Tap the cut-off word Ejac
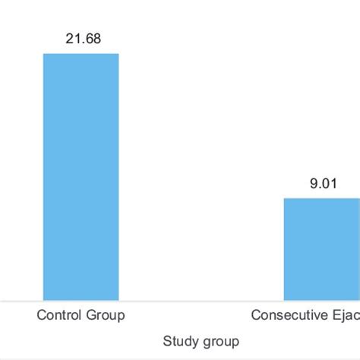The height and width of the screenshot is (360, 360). point(346,315)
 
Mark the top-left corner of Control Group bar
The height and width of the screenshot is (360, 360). point(43,53)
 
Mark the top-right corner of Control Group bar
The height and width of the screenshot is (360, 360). point(119,53)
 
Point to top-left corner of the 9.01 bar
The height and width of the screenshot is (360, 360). point(285,198)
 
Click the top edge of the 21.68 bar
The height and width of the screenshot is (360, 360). point(81,53)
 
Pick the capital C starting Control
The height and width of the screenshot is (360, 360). point(40,314)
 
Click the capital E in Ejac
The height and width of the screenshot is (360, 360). point(335,315)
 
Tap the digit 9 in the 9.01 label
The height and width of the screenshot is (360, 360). point(309,183)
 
